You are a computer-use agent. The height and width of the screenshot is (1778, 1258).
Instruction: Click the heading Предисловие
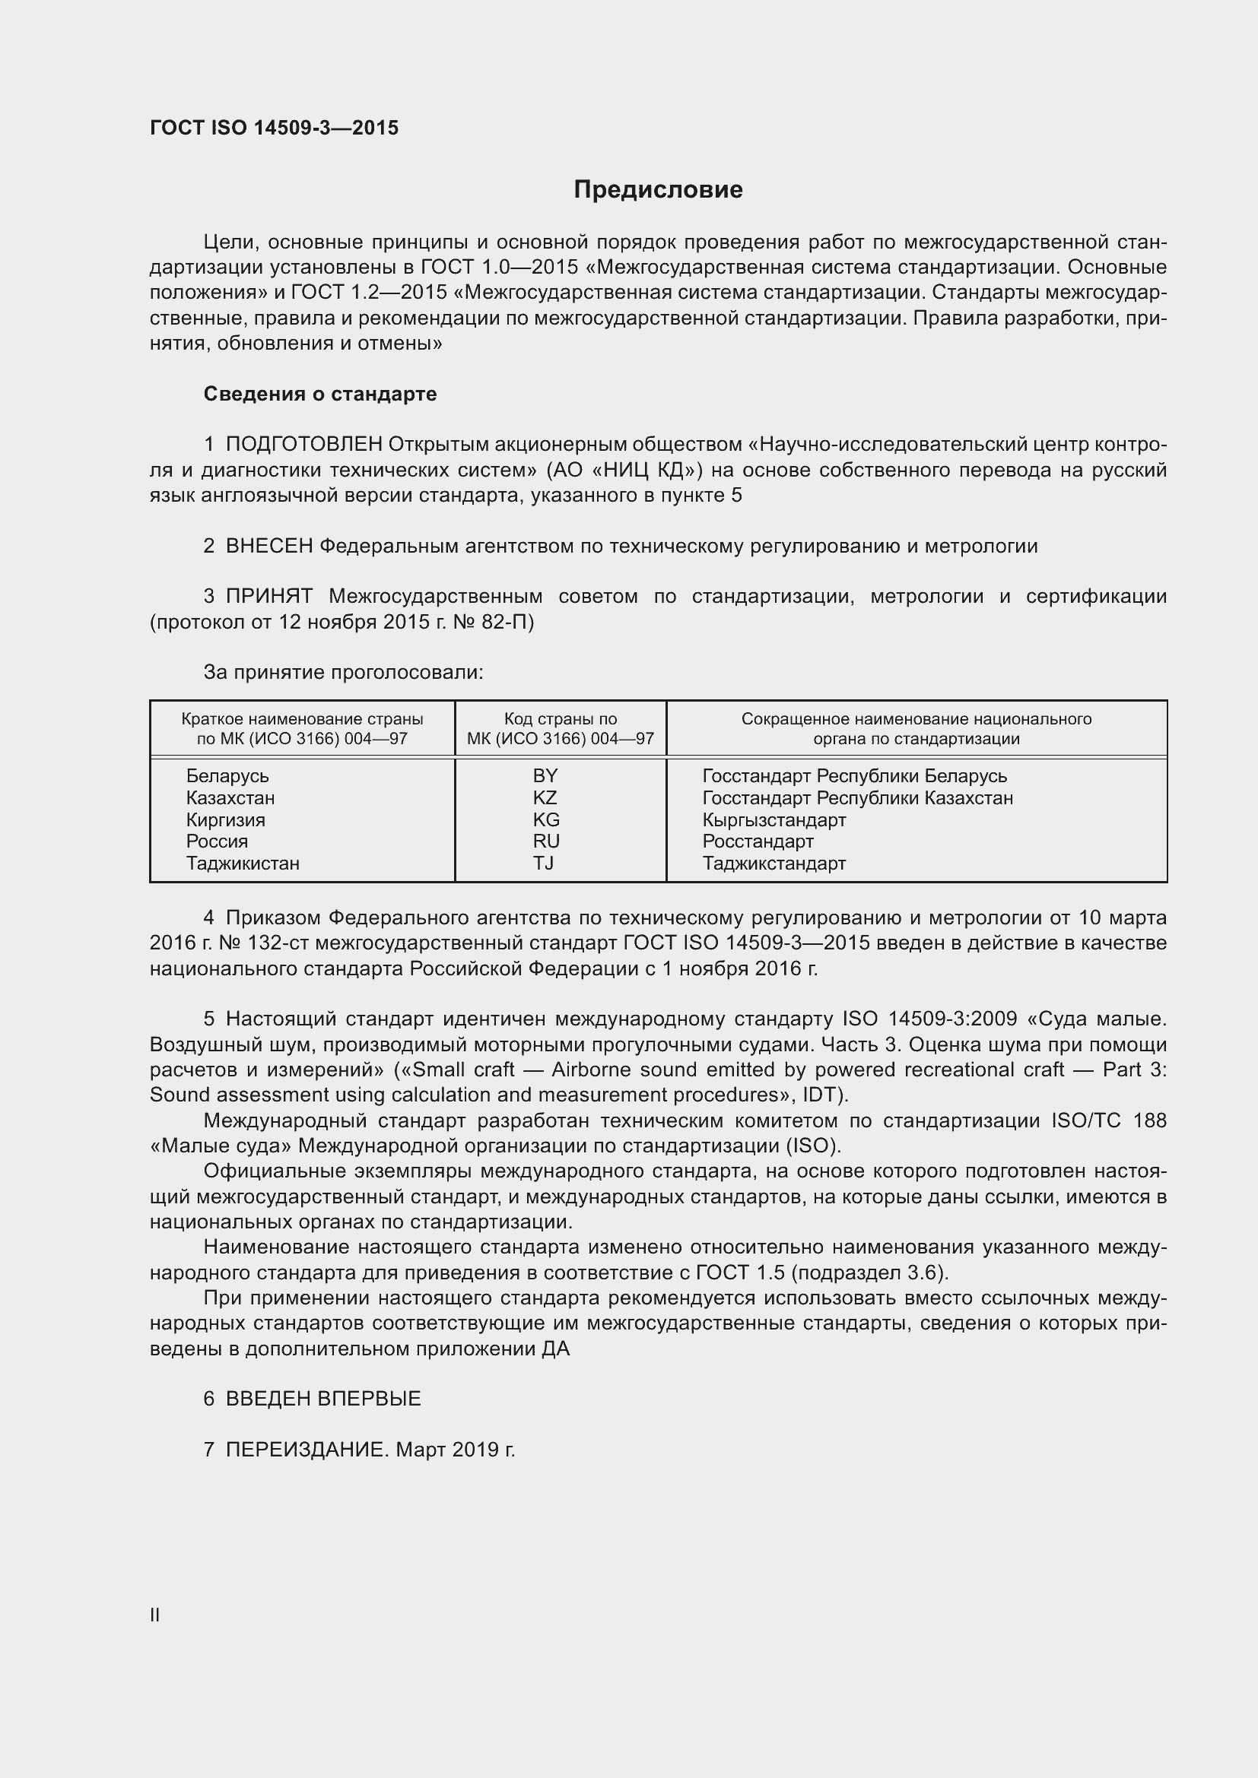coord(658,190)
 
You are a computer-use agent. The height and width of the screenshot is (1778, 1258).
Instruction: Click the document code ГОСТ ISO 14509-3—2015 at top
coord(275,128)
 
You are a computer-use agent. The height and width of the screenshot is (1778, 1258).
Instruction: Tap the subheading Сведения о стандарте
coord(320,395)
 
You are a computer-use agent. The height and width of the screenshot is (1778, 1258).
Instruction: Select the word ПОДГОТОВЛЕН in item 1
coord(303,445)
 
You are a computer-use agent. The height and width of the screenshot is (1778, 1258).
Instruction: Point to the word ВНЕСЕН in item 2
coord(268,546)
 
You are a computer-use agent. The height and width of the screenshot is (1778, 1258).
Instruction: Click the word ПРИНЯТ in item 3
coord(268,596)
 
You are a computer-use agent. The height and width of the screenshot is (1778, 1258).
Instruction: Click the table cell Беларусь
coord(227,776)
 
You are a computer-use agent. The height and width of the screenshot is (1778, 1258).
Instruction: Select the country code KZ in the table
coord(545,797)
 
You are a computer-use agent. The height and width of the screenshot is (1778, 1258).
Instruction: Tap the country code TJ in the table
coord(543,864)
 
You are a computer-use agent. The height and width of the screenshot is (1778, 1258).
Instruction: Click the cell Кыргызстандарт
coord(774,820)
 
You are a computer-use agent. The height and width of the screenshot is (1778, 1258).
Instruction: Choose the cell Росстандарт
coord(758,841)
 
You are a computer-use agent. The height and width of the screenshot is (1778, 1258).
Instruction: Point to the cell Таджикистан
coord(243,864)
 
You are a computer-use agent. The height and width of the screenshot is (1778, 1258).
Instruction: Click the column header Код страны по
coord(560,718)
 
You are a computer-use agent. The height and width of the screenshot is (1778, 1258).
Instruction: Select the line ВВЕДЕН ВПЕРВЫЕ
coord(323,1399)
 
